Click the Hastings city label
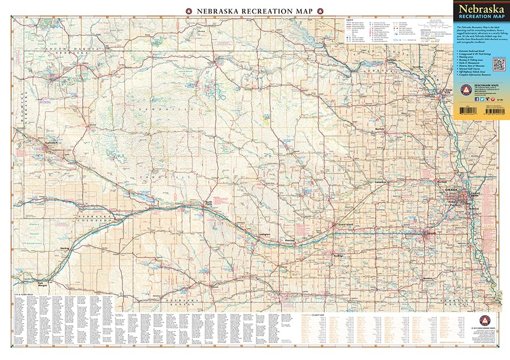[x=338, y=255]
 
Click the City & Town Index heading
[x=25, y=295]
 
